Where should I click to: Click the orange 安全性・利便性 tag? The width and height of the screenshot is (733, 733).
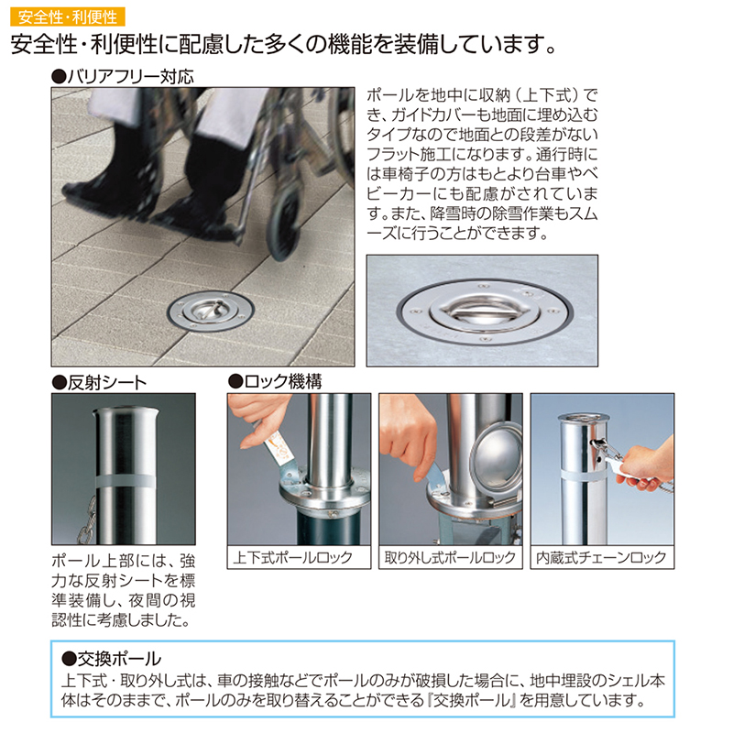point(67,16)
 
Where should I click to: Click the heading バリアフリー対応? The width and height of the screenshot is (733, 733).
point(123,77)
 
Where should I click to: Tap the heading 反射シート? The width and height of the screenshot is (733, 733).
point(99,383)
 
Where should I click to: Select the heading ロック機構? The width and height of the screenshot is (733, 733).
point(275,382)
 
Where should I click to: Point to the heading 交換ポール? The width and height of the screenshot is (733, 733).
point(111,659)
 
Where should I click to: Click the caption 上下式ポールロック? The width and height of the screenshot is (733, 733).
point(292,557)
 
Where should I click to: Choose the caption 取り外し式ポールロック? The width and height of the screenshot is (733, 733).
point(450,557)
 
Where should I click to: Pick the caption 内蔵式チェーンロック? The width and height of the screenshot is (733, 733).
point(601,557)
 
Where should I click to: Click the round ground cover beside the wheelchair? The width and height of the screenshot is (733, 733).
point(211,311)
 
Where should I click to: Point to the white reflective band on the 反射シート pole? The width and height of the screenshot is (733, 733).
point(125,482)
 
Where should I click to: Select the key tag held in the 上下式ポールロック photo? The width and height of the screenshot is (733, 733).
point(278,450)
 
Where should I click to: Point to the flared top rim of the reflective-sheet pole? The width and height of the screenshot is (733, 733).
point(126,411)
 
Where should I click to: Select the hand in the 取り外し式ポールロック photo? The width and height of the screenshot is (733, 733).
point(410,440)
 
